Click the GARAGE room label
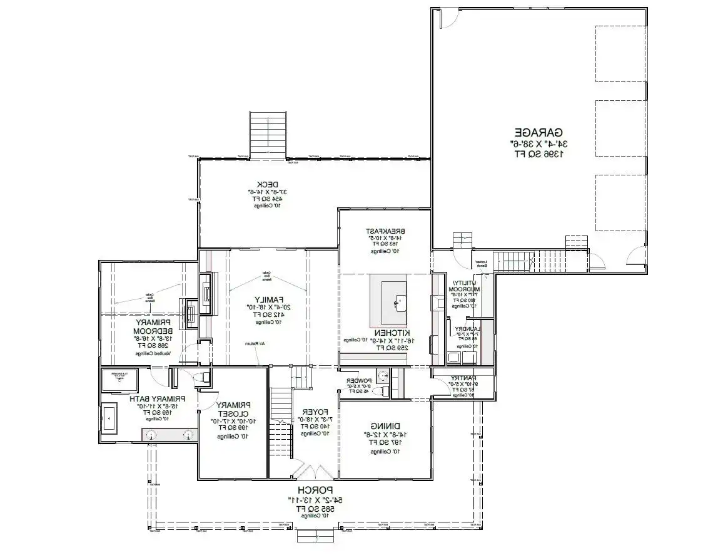pyautogui.click(x=539, y=132)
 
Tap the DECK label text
pyautogui.click(x=258, y=184)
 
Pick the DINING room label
pyautogui.click(x=385, y=425)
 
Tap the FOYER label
pyautogui.click(x=307, y=411)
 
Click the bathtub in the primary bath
pyautogui.click(x=109, y=418)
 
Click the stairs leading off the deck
pyautogui.click(x=268, y=134)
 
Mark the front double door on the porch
pyautogui.click(x=308, y=472)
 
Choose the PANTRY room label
pyautogui.click(x=463, y=378)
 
